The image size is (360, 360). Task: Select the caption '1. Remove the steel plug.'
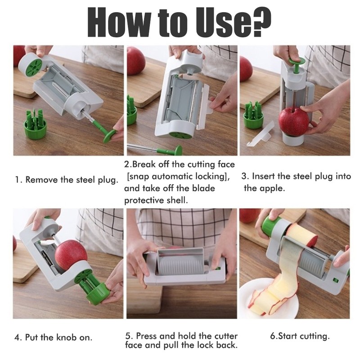(66, 180)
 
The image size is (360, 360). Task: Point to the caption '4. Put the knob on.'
(54, 337)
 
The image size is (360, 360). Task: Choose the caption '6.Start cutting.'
(300, 336)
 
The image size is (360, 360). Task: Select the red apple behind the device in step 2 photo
(135, 61)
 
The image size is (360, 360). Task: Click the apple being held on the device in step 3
(293, 121)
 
